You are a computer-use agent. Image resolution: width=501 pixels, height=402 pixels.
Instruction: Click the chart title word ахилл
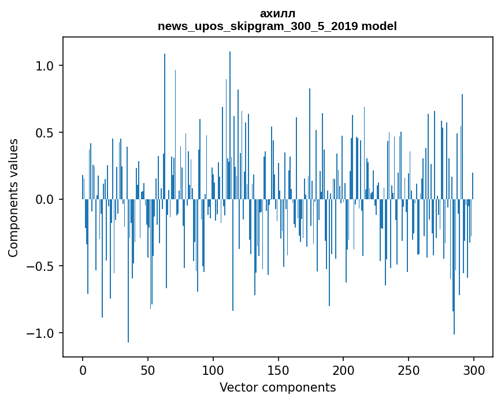277,14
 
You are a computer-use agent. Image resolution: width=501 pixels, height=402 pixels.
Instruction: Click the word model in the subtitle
379,26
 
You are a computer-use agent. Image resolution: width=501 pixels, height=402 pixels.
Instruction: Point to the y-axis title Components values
13,198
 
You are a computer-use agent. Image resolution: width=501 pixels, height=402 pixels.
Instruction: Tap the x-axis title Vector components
277,388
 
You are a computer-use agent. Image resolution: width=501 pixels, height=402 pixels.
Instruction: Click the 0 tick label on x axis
83,370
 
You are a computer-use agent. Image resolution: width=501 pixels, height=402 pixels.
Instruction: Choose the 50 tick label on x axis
147,370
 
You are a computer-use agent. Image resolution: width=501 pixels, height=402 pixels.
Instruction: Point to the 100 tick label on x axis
213,370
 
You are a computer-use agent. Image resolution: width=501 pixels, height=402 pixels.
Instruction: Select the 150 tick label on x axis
278,370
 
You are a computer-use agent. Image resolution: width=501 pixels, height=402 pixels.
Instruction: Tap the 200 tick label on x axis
343,370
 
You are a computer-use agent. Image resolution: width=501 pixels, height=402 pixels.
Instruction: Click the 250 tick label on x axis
409,370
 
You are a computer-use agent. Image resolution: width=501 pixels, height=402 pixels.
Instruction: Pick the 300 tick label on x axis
473,370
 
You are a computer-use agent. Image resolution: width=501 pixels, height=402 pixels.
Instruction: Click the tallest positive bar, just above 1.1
230,125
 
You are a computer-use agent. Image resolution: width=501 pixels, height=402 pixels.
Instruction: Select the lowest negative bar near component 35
128,271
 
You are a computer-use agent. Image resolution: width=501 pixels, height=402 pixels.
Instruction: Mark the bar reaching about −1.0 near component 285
454,267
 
